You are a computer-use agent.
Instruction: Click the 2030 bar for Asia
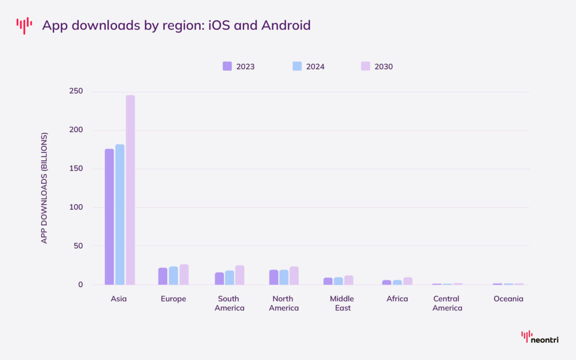[130, 190]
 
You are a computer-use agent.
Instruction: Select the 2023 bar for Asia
[109, 217]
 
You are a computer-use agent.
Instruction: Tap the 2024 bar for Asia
[120, 214]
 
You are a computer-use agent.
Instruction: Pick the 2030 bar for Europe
[184, 274]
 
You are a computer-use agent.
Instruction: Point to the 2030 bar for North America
[294, 276]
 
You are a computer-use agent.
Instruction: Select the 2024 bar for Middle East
[338, 281]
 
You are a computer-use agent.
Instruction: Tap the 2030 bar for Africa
[408, 281]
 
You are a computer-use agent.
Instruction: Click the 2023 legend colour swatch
[227, 66]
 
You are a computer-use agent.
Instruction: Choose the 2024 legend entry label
[315, 66]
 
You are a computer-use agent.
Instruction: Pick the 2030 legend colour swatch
[365, 66]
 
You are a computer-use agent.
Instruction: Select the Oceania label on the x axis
[508, 299]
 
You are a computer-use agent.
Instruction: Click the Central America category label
[447, 303]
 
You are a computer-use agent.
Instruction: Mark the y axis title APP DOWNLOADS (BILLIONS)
[44, 188]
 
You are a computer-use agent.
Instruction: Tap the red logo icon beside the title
[24, 25]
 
